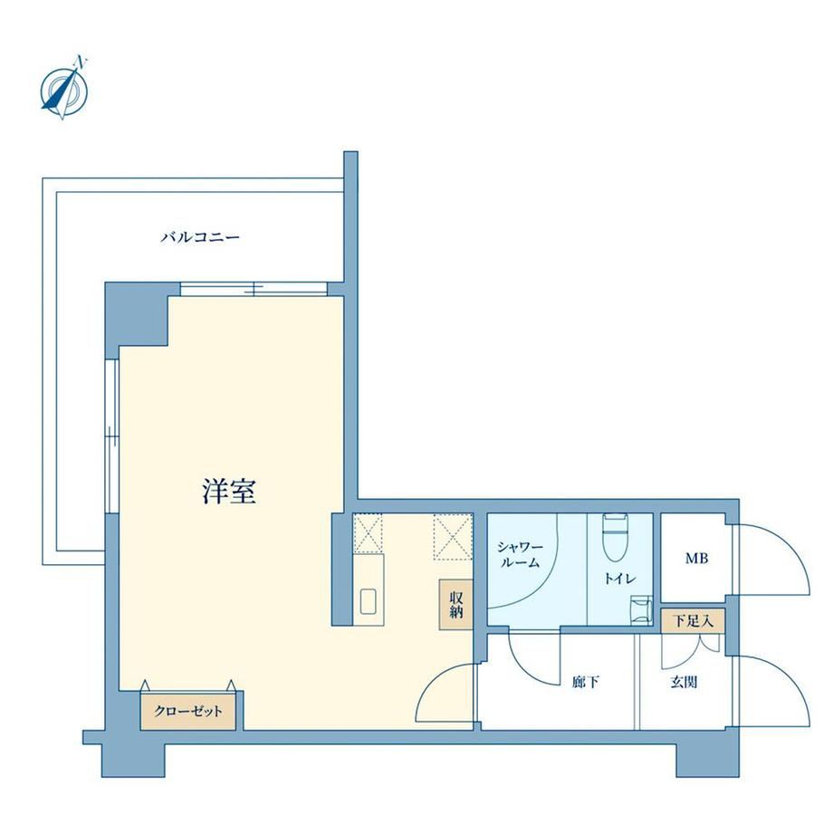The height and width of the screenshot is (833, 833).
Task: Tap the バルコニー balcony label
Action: (x=200, y=237)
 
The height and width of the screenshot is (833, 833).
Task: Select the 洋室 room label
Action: (x=229, y=491)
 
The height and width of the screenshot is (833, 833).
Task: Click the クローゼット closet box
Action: (x=187, y=711)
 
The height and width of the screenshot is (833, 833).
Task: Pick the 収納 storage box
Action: (x=455, y=605)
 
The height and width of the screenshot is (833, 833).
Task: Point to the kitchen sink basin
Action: (x=369, y=601)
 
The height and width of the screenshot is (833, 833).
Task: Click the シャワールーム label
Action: (x=520, y=555)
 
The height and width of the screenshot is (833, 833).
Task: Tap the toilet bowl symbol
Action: (x=615, y=538)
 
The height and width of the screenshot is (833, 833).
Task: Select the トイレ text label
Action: (x=619, y=579)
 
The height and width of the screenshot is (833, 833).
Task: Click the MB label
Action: (x=696, y=559)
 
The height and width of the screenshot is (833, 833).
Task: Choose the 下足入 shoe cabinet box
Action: (x=693, y=620)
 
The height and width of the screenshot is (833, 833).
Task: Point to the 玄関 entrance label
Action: (x=684, y=682)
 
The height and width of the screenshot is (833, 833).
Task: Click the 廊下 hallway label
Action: (x=586, y=682)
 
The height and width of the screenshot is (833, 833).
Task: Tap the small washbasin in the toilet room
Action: (x=641, y=608)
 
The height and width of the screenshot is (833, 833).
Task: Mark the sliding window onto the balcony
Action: (x=254, y=289)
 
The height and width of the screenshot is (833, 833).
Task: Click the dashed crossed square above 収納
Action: (x=453, y=537)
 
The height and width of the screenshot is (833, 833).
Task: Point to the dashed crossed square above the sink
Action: (x=368, y=533)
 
